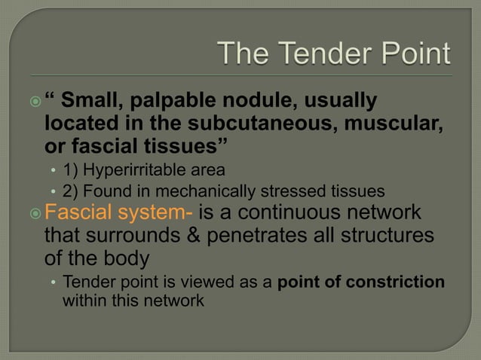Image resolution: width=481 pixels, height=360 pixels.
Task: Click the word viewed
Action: tap(196, 282)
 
